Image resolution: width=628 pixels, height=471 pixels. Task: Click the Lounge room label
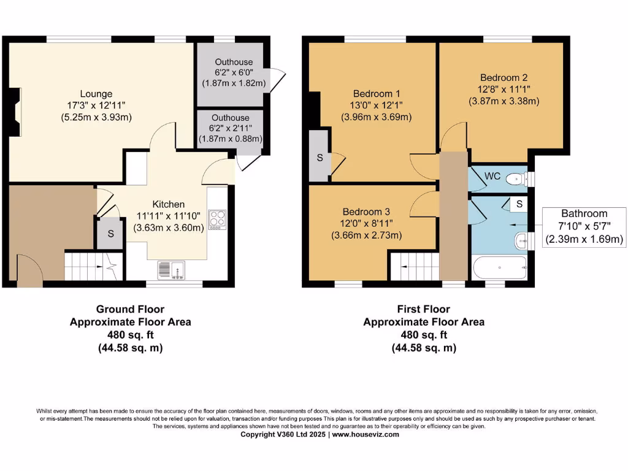click(x=96, y=94)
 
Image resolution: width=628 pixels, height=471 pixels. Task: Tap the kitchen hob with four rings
click(x=218, y=220)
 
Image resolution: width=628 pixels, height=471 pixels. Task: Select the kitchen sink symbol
click(x=172, y=270)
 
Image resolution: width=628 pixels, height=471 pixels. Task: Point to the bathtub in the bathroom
click(x=500, y=267)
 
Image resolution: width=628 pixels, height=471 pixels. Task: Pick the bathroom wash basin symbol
click(x=521, y=240)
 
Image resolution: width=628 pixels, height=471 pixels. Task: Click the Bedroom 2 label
click(x=504, y=78)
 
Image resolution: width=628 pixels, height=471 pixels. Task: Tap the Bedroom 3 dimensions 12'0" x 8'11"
click(x=367, y=223)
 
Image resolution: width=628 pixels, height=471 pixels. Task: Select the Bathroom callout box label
click(x=584, y=213)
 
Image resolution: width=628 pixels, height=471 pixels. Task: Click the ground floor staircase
click(x=93, y=266)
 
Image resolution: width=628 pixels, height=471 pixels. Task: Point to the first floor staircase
click(x=415, y=266)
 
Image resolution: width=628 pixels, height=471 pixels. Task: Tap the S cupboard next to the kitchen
click(x=110, y=234)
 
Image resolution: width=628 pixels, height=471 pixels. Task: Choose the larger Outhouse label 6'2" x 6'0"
click(x=234, y=72)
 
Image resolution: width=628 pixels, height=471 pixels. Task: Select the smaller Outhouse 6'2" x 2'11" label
click(x=231, y=128)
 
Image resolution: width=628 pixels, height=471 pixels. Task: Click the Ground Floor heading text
click(x=130, y=309)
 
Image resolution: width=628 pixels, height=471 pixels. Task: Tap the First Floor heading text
click(x=423, y=309)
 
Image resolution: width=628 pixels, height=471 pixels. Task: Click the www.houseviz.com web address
click(x=366, y=435)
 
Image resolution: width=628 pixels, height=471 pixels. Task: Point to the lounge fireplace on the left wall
click(x=15, y=113)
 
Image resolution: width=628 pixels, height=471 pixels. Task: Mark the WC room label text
click(x=492, y=176)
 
